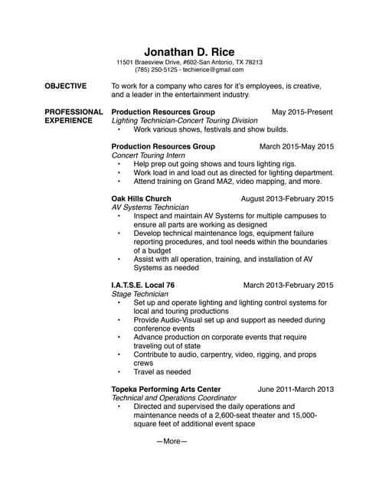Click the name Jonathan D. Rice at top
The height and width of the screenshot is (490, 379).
click(189, 51)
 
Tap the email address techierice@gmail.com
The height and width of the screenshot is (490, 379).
click(211, 70)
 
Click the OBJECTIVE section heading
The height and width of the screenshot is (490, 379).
click(66, 86)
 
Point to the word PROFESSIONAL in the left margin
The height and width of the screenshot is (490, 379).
click(74, 112)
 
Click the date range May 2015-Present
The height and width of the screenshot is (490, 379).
click(302, 112)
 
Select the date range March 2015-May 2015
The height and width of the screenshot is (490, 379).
click(296, 145)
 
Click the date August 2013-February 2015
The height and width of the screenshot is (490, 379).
click(287, 198)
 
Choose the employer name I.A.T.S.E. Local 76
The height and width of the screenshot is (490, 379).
click(143, 285)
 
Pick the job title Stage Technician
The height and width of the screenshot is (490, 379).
click(140, 294)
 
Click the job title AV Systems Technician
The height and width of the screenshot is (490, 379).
click(150, 207)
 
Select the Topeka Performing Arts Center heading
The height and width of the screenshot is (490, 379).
click(166, 389)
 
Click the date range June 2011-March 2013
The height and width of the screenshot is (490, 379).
click(296, 389)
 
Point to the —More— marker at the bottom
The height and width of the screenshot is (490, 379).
click(172, 441)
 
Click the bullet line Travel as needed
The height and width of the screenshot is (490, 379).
click(162, 372)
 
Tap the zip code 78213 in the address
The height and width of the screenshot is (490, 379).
click(253, 62)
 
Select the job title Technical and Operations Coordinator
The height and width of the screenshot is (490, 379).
click(174, 398)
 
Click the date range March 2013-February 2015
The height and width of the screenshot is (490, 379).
click(288, 285)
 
